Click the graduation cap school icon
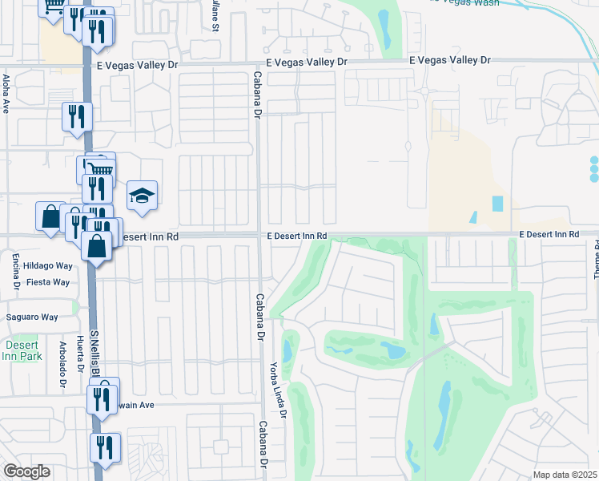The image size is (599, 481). pos(142,195)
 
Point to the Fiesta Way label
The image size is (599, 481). pos(48,282)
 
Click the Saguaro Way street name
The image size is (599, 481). pos(33,317)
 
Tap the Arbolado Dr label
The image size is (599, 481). pos(62,366)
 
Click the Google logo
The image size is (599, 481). pos(26,471)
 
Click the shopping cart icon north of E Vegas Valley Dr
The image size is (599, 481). pos(54,6)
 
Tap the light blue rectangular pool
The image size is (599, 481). pos(498,204)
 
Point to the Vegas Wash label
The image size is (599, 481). pos(472,2)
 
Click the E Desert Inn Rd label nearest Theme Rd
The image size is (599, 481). pos(549,234)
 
